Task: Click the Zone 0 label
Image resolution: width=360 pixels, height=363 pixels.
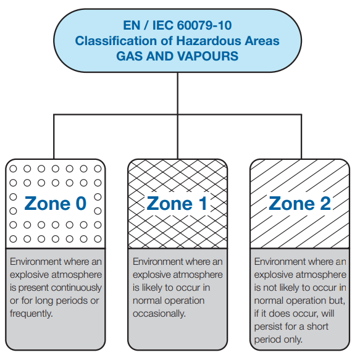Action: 56,204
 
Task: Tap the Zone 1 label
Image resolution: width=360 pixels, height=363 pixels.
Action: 177,204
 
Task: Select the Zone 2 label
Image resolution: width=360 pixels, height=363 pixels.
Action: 300,204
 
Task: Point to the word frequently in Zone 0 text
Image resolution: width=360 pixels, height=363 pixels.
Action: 31,314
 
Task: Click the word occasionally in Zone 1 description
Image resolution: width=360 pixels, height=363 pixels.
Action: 159,314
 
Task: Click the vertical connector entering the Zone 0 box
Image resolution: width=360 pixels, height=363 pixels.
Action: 54,136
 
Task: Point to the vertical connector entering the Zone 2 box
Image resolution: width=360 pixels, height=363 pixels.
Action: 301,136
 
